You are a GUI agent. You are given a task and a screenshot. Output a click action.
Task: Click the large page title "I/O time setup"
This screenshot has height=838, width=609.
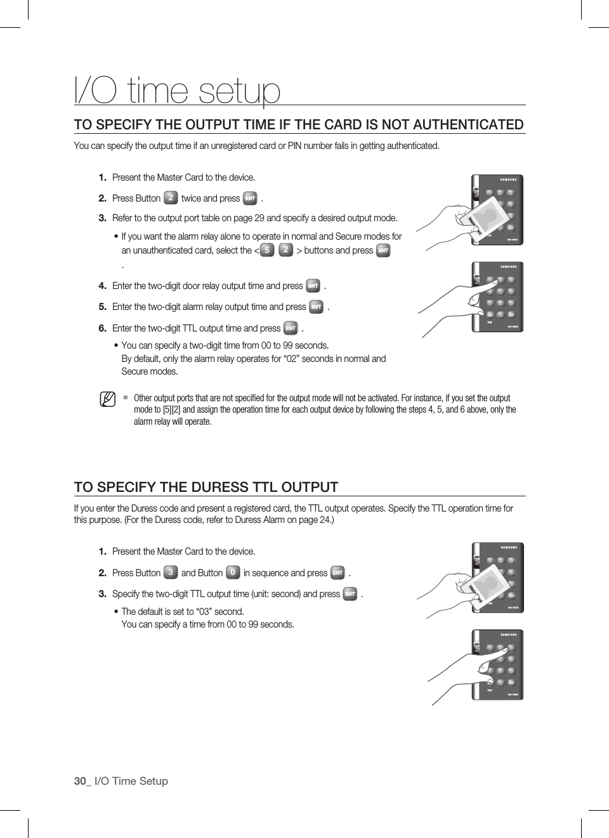tap(177, 90)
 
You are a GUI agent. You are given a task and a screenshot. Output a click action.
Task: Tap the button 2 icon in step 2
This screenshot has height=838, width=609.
tap(170, 198)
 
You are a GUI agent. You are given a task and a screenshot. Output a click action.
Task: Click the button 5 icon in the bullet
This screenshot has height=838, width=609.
tap(267, 250)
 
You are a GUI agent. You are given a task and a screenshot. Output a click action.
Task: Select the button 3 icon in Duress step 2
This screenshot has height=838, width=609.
tap(170, 572)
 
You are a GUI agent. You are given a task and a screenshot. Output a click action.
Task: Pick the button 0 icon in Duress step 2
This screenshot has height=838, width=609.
tap(233, 572)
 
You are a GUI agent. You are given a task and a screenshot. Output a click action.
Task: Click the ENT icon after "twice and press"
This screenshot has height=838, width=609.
tap(250, 198)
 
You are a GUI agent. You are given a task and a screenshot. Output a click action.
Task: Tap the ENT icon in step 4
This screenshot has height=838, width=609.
tap(313, 286)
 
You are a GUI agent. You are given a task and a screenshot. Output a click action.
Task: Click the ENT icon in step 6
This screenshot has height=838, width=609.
tap(291, 328)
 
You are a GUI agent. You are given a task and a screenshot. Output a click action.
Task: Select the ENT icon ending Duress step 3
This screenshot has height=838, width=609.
tap(350, 594)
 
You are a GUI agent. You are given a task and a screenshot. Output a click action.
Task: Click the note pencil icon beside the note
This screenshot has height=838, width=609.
tap(108, 399)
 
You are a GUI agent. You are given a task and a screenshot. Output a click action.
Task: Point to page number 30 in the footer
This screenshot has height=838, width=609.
tap(80, 781)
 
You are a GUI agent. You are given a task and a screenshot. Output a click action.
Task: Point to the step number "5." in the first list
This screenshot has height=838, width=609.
tap(102, 307)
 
